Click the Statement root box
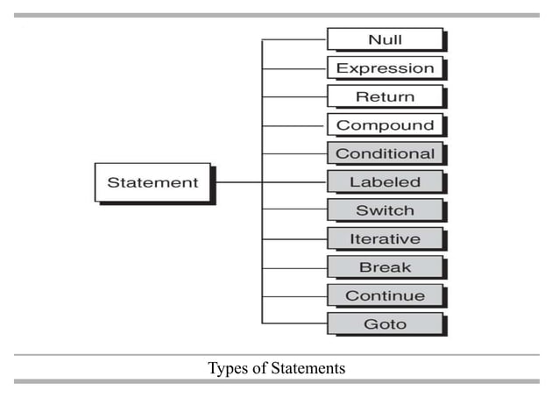click(x=152, y=182)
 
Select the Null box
click(x=385, y=39)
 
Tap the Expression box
click(x=385, y=67)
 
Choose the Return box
click(x=385, y=96)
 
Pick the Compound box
click(x=385, y=124)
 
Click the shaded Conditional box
click(x=385, y=153)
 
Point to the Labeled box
click(x=385, y=182)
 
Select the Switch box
click(x=385, y=210)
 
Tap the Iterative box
click(x=385, y=238)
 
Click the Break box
click(x=385, y=267)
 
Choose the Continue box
click(x=385, y=295)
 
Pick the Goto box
click(x=385, y=323)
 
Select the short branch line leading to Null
click(x=294, y=39)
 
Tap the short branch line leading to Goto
click(x=294, y=323)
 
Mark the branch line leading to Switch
click(x=294, y=210)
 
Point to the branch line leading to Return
click(x=294, y=96)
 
